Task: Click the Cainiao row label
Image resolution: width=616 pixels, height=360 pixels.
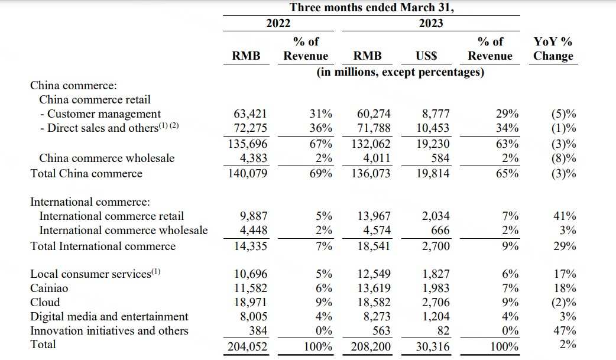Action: coord(49,288)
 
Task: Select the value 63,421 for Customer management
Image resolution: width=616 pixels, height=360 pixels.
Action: coord(250,113)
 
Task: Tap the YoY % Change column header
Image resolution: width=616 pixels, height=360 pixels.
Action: coord(553,48)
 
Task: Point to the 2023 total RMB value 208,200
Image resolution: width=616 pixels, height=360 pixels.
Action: coord(371,346)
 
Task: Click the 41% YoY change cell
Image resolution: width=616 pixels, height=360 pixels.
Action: coord(565,216)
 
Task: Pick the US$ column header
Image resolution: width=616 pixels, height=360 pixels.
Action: coord(426,56)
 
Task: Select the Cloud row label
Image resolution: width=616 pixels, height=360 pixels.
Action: coord(45,302)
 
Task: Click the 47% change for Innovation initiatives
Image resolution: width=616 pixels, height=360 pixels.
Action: coord(565,330)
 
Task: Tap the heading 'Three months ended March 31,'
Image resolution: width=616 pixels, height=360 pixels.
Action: coord(372,7)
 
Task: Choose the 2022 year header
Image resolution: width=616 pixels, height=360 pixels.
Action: coord(278,23)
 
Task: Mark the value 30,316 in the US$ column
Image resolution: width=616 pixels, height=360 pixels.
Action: coord(433,346)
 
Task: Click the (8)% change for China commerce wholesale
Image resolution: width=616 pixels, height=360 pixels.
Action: coord(564,158)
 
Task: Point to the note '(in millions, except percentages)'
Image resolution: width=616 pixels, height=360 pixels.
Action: coord(400,72)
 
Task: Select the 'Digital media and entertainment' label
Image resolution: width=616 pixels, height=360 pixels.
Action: coord(109,316)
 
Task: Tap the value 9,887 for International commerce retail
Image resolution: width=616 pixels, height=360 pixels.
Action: coord(254,216)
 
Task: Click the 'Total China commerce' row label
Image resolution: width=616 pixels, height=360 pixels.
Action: coord(86,173)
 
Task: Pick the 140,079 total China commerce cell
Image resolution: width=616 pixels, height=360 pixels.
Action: coord(248,173)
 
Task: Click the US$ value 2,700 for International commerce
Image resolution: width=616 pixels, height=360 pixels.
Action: coord(436,246)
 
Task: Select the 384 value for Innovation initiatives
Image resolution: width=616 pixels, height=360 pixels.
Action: coord(258,330)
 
